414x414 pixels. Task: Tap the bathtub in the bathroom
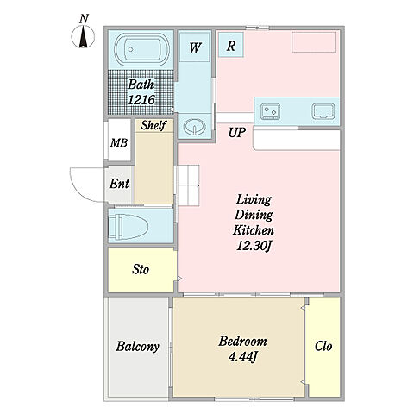click(x=141, y=49)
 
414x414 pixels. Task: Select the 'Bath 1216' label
click(x=141, y=92)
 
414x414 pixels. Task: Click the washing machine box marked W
click(x=195, y=47)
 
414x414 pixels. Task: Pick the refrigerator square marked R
click(x=231, y=45)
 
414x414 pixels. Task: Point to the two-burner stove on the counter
click(x=270, y=111)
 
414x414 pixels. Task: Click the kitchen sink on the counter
click(x=323, y=111)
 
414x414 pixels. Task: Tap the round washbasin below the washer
click(x=195, y=127)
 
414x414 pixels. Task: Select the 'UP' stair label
click(x=237, y=133)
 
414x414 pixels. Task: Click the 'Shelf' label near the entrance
click(x=154, y=125)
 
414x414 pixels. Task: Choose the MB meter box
click(x=119, y=143)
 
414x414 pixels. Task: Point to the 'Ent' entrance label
click(x=119, y=184)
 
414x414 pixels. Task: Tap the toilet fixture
click(x=129, y=227)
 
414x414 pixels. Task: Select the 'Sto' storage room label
click(x=141, y=270)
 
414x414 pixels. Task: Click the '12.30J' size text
click(x=254, y=246)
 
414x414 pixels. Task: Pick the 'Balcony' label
click(x=138, y=347)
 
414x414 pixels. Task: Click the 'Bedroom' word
click(x=242, y=342)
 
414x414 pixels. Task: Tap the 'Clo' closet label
click(x=323, y=346)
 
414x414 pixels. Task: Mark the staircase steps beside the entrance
click(x=188, y=185)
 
